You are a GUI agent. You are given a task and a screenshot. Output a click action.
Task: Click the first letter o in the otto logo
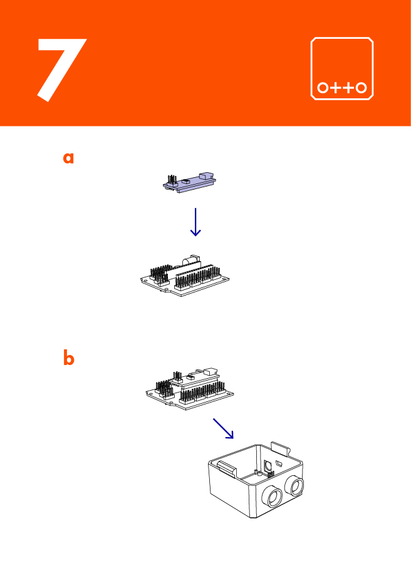click(x=323, y=88)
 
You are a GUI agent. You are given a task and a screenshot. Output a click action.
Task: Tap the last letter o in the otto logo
click(x=361, y=88)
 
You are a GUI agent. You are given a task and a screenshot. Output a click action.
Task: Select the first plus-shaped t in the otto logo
click(x=336, y=88)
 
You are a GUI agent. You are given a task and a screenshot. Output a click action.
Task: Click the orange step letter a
click(x=68, y=158)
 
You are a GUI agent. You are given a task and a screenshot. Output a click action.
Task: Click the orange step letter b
click(x=68, y=359)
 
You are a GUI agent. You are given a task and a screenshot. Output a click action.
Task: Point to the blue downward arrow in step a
click(x=195, y=222)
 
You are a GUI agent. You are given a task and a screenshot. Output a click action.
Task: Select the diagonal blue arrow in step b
click(x=223, y=428)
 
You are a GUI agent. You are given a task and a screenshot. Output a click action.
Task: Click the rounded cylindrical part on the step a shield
click(x=190, y=259)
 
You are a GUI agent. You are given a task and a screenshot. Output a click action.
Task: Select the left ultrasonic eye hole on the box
click(x=274, y=496)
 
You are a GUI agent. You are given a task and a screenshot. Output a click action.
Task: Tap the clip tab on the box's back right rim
click(x=281, y=448)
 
